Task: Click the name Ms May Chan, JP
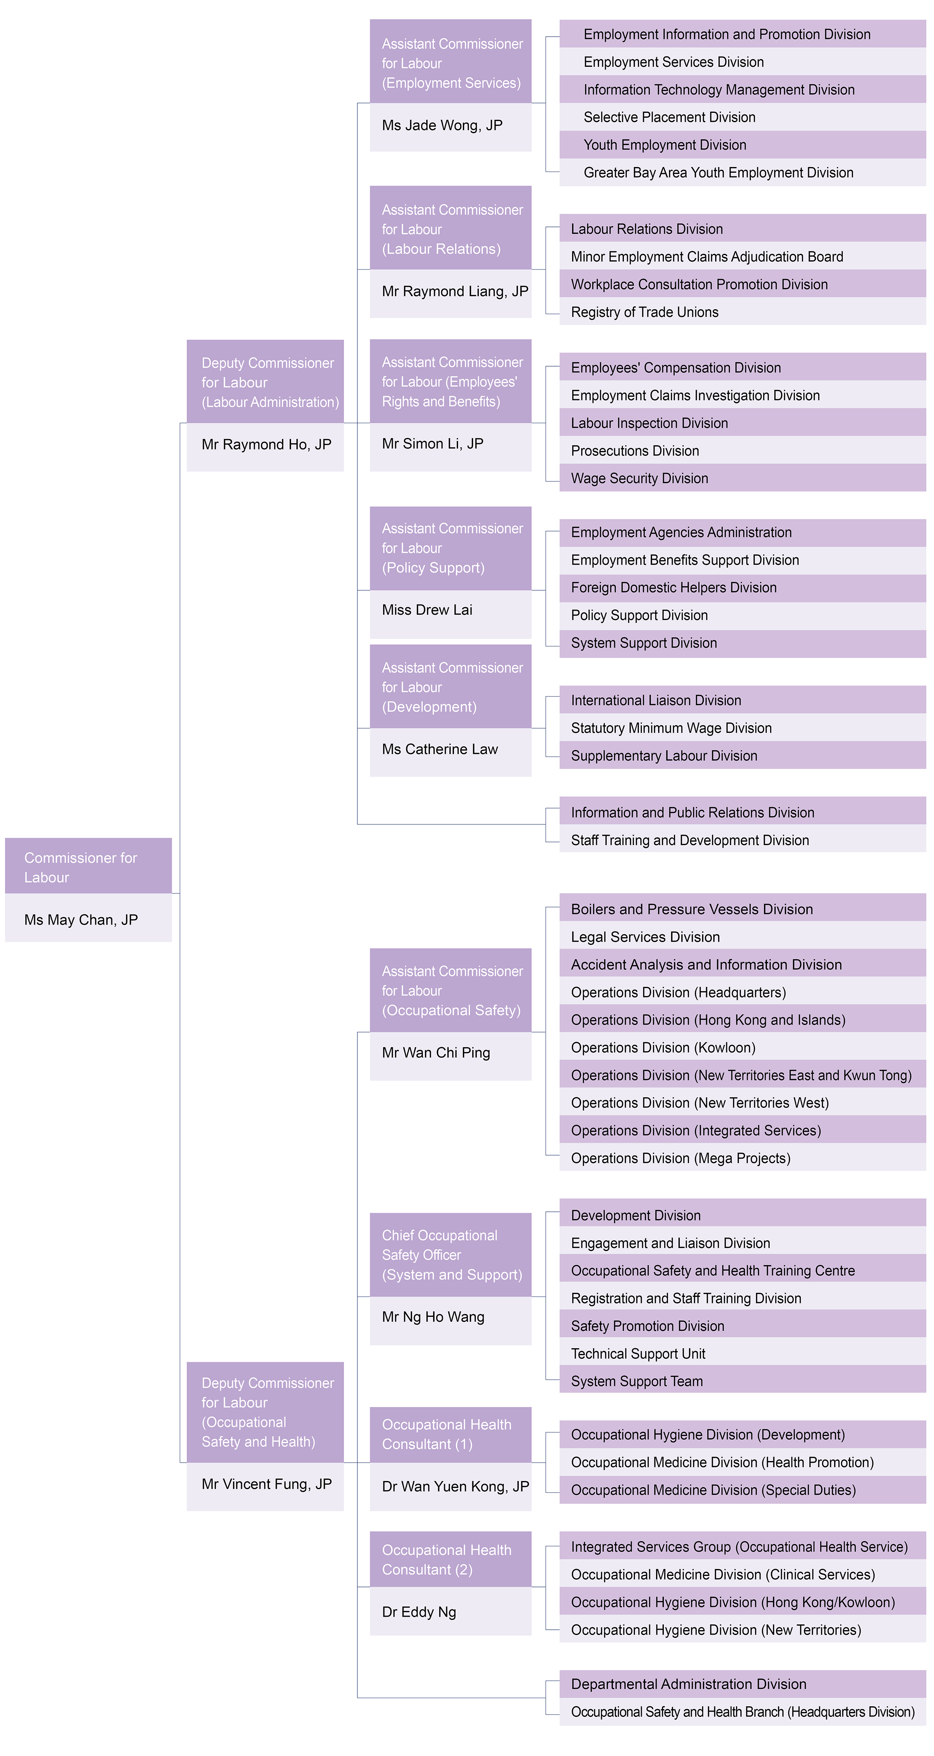pyautogui.click(x=81, y=920)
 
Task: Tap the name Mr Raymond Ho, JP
pyautogui.click(x=267, y=444)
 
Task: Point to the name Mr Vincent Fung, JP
pyautogui.click(x=267, y=1484)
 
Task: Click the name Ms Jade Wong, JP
pyautogui.click(x=443, y=125)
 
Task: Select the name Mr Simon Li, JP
pyautogui.click(x=433, y=444)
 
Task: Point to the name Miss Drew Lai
pyautogui.click(x=427, y=610)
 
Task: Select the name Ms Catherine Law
pyautogui.click(x=441, y=749)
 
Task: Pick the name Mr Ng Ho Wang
pyautogui.click(x=434, y=1317)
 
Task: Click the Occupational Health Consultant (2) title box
pyautogui.click(x=451, y=1559)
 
